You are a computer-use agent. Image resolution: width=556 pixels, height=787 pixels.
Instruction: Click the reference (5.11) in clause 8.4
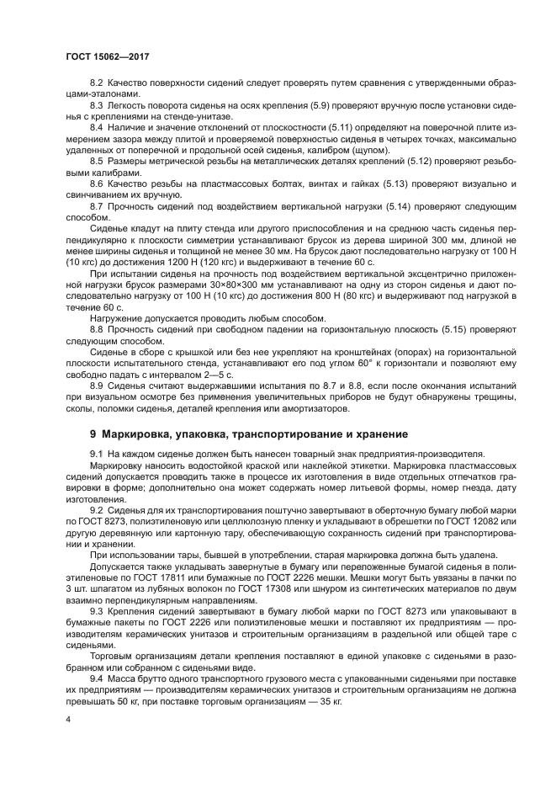click(x=302, y=125)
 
